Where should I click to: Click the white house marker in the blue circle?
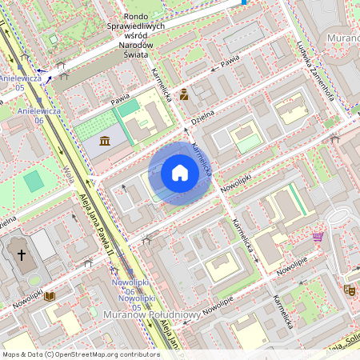point(180,173)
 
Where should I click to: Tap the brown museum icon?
point(106,142)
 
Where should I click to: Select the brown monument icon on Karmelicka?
point(184,94)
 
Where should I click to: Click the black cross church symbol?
point(21,256)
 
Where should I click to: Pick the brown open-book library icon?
point(50,296)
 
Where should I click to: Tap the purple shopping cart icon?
point(318,237)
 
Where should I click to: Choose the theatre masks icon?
point(349,290)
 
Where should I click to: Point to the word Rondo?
point(141,15)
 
